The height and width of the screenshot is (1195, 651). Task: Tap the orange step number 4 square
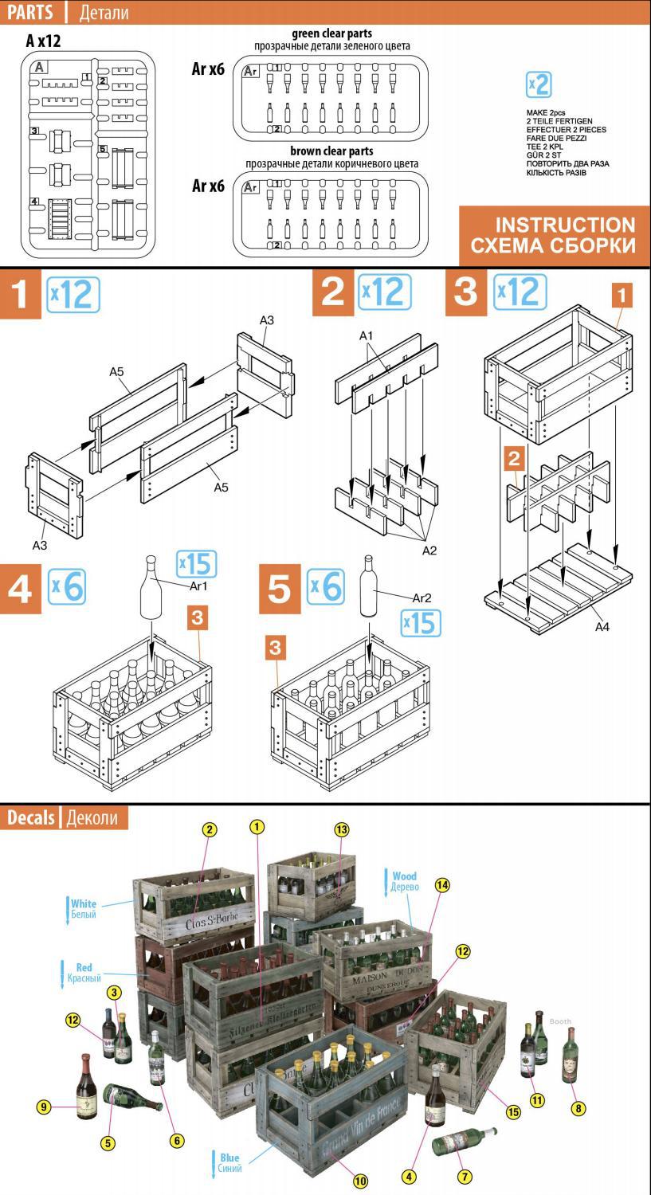20,588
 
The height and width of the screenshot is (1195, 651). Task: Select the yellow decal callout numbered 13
342,829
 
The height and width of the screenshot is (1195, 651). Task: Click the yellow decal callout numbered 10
360,1181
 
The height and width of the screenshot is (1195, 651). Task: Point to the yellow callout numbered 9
45,1106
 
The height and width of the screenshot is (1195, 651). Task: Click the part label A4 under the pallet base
602,627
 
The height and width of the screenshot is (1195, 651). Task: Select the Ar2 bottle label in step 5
422,597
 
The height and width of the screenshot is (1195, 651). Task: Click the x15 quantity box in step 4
195,563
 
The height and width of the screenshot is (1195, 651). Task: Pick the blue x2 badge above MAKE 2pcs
539,85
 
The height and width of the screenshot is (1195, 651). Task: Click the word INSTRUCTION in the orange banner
565,225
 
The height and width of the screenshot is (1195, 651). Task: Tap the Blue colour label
229,1158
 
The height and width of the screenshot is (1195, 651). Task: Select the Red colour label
84,968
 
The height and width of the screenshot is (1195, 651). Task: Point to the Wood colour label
404,876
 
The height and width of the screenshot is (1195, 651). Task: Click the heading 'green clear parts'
332,34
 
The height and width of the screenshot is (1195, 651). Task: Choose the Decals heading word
31,817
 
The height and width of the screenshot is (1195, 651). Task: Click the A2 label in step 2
429,550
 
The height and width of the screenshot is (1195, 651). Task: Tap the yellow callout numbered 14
442,885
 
